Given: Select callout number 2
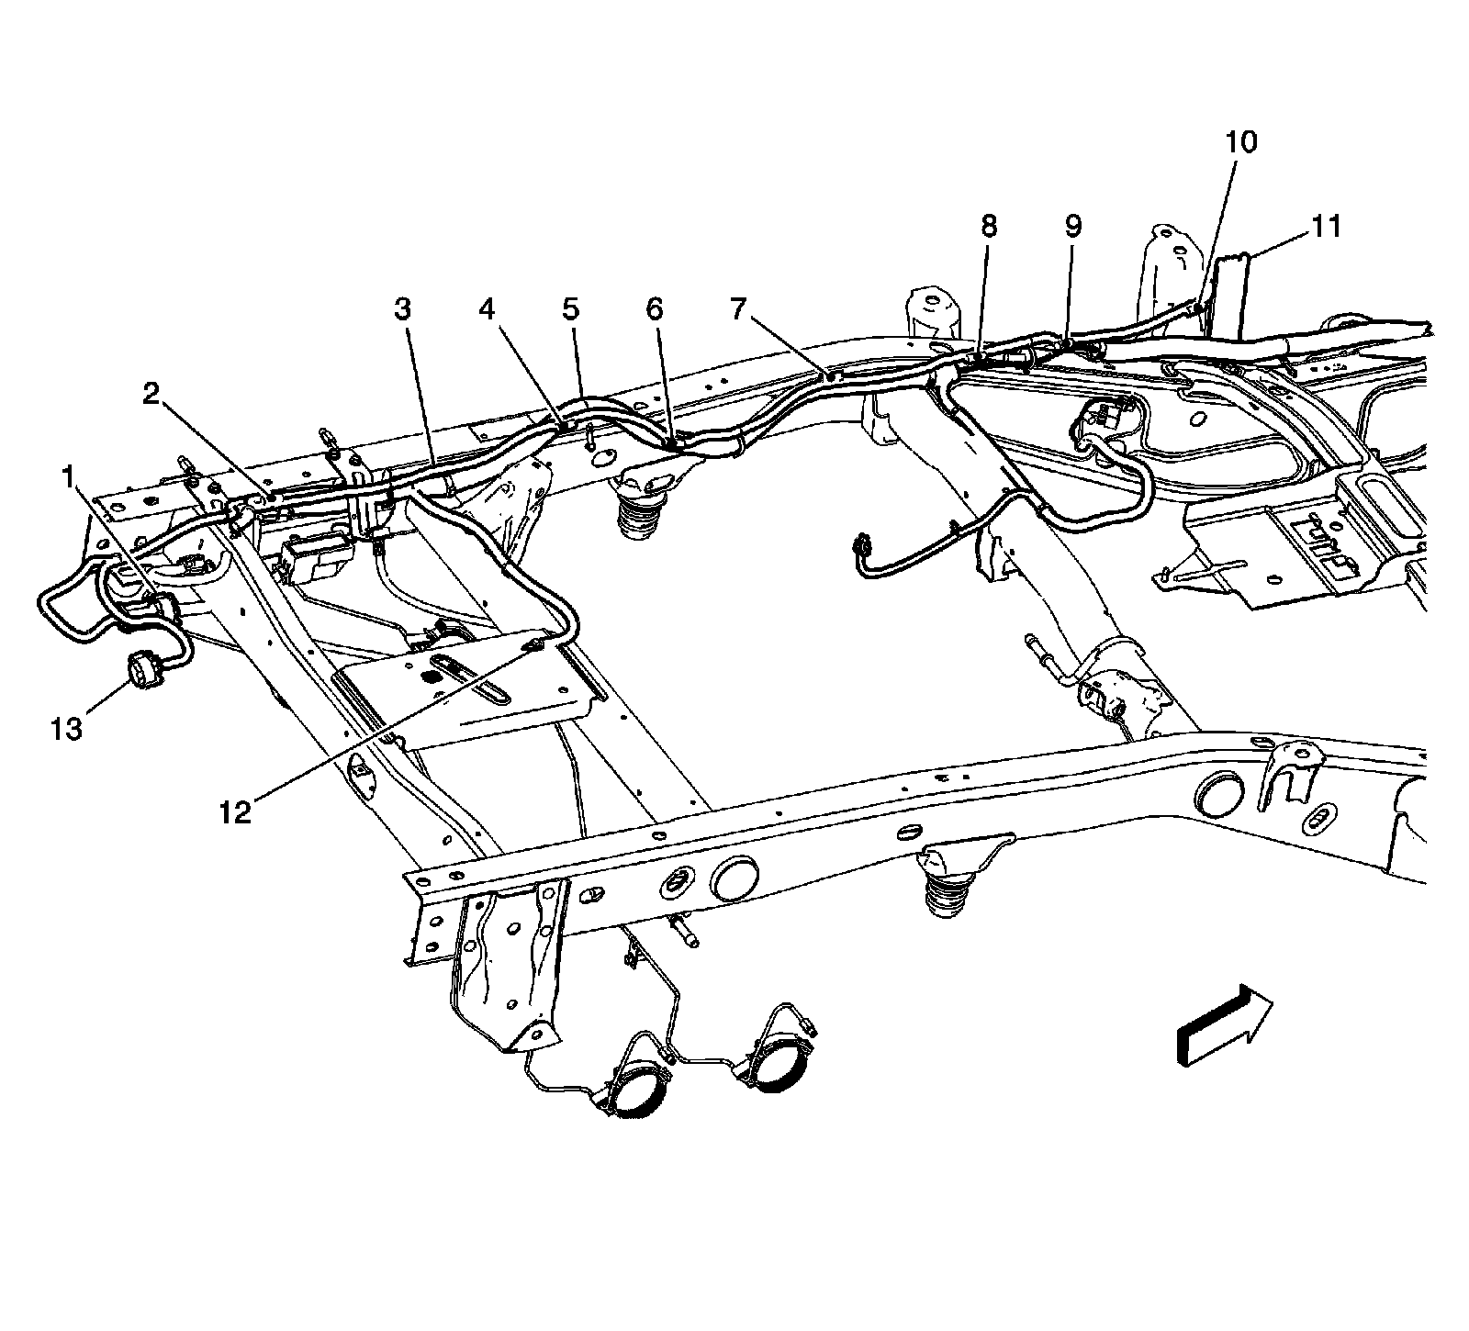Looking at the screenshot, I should pos(151,395).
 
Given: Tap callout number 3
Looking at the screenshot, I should pos(402,310).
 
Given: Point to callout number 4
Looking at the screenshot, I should pos(487,310).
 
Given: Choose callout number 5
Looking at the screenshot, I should pos(571,310).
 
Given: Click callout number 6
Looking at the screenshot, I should pos(654,310).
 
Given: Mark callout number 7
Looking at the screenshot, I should pos(738,310).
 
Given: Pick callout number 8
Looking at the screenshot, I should pos(988,227).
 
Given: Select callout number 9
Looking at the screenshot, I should pos(1072,227).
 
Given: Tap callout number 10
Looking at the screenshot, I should pos(1240,142).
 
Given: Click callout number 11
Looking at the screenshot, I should pos(1326,227).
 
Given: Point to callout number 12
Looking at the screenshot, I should pos(235,811).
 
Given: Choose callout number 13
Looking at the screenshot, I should pos(67,729).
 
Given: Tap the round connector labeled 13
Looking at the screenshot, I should pos(142,670).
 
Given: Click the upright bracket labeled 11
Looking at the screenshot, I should pos(1228,294).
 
